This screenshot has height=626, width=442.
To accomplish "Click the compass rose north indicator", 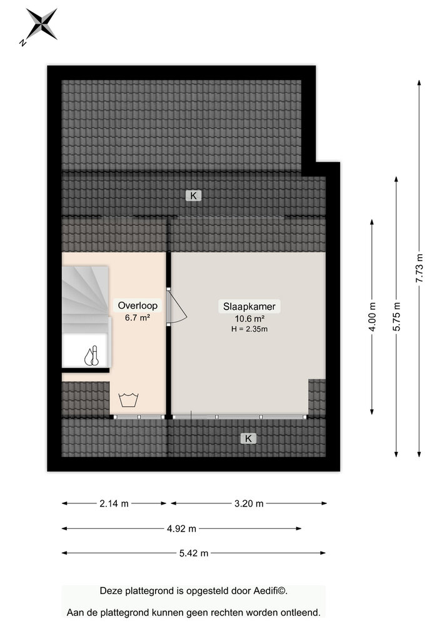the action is tap(39, 26).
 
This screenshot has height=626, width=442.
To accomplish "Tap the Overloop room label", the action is tap(138, 306).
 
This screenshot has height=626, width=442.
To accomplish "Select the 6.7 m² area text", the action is tap(138, 318).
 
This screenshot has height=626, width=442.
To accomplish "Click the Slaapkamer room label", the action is tap(249, 307).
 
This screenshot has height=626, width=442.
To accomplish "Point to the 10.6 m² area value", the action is tap(249, 319).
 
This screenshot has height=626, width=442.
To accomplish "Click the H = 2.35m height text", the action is tap(249, 329).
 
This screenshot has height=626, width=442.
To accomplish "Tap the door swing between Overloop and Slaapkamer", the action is tap(176, 307).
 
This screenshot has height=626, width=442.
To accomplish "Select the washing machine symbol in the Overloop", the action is tap(128, 400).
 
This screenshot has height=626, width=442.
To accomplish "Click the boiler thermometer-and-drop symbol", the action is tap(91, 356).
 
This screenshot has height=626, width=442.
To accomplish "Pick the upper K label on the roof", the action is tap(193, 195).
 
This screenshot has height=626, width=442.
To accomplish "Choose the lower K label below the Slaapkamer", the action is tap(248, 438).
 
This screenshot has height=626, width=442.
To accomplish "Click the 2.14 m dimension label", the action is tap(114, 503).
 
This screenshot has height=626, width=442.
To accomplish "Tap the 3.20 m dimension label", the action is tap(249, 503).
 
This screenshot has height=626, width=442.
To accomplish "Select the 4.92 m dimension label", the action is tap(181, 528).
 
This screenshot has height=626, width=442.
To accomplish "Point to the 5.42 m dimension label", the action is tap(194, 553).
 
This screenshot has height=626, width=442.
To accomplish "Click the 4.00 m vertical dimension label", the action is tap(372, 317).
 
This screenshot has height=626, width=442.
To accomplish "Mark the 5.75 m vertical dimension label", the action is tap(396, 317).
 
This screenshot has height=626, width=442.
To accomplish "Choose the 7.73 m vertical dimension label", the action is tap(419, 269).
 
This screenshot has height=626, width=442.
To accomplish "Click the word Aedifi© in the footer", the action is tap(270, 591).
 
